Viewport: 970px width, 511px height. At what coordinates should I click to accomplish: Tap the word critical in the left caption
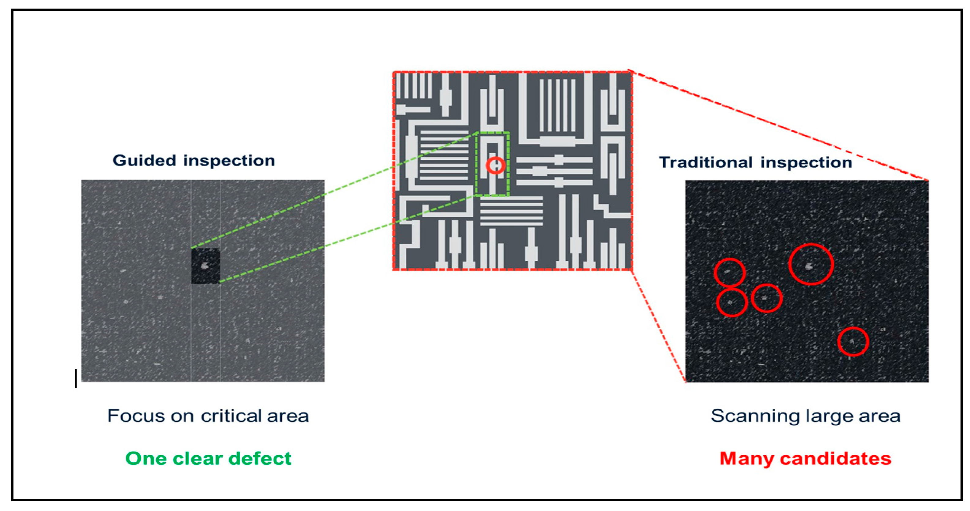coord(231,416)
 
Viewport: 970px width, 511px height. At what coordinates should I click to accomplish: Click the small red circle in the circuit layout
coord(495,165)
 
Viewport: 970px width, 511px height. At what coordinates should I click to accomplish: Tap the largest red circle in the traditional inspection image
coord(811,264)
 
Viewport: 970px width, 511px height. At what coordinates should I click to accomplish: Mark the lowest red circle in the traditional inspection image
coord(853,342)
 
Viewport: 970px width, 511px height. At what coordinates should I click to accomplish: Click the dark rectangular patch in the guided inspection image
coord(205,266)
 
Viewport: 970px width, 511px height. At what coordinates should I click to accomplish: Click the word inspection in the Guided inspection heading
coord(229,161)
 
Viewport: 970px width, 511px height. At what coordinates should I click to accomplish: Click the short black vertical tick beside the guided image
coord(76,378)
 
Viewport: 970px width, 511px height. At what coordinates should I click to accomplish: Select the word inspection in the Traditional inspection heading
coord(806,162)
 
